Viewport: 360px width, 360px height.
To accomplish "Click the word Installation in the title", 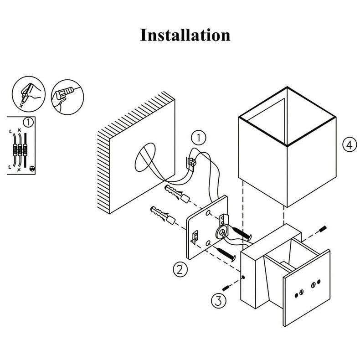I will coord(185,35).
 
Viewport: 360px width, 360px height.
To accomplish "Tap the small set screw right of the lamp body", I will coord(323,228).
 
